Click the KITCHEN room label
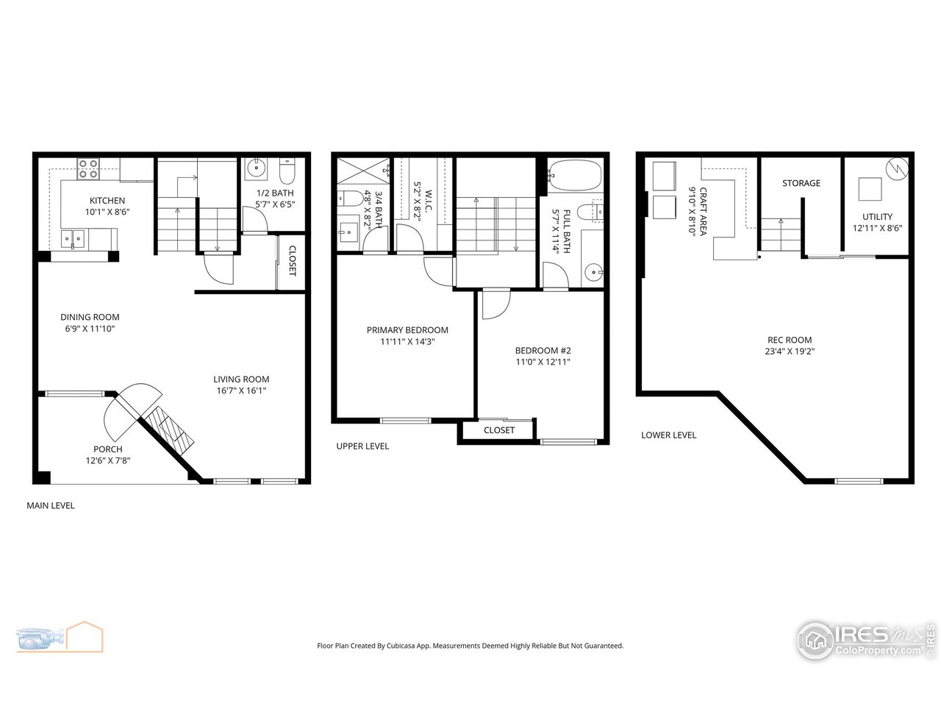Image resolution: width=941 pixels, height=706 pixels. coord(107,201)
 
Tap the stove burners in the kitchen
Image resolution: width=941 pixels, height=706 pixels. coord(89,169)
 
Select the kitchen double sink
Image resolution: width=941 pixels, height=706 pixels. coord(73,238)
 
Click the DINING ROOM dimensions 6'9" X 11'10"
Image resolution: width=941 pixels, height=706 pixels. coord(90,329)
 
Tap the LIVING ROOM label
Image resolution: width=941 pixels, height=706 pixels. coord(236,379)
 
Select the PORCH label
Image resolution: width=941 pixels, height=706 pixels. coord(107,449)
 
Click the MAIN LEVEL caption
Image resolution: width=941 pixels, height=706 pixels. coord(51,505)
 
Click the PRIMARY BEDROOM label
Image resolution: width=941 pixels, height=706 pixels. coord(407,330)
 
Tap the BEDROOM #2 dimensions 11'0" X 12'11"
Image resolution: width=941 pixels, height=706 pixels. coord(543,362)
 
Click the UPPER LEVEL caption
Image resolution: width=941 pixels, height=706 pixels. coord(362,446)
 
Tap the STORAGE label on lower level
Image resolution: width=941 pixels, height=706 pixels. coord(801,183)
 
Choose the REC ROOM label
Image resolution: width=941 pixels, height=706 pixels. coord(790,340)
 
